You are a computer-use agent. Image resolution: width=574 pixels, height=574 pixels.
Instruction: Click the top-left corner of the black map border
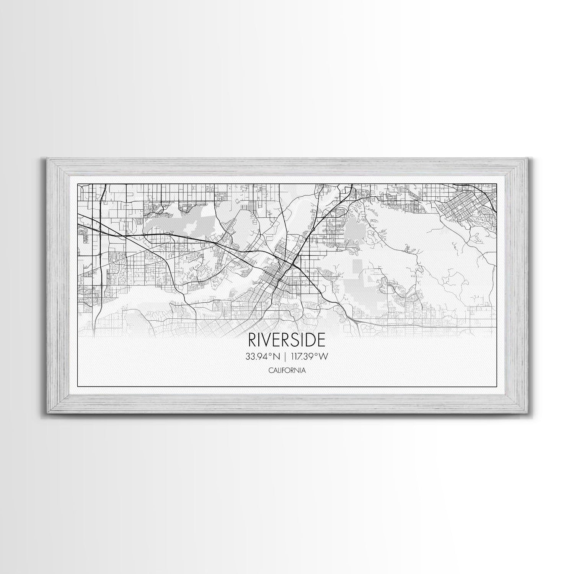point(78,184)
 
